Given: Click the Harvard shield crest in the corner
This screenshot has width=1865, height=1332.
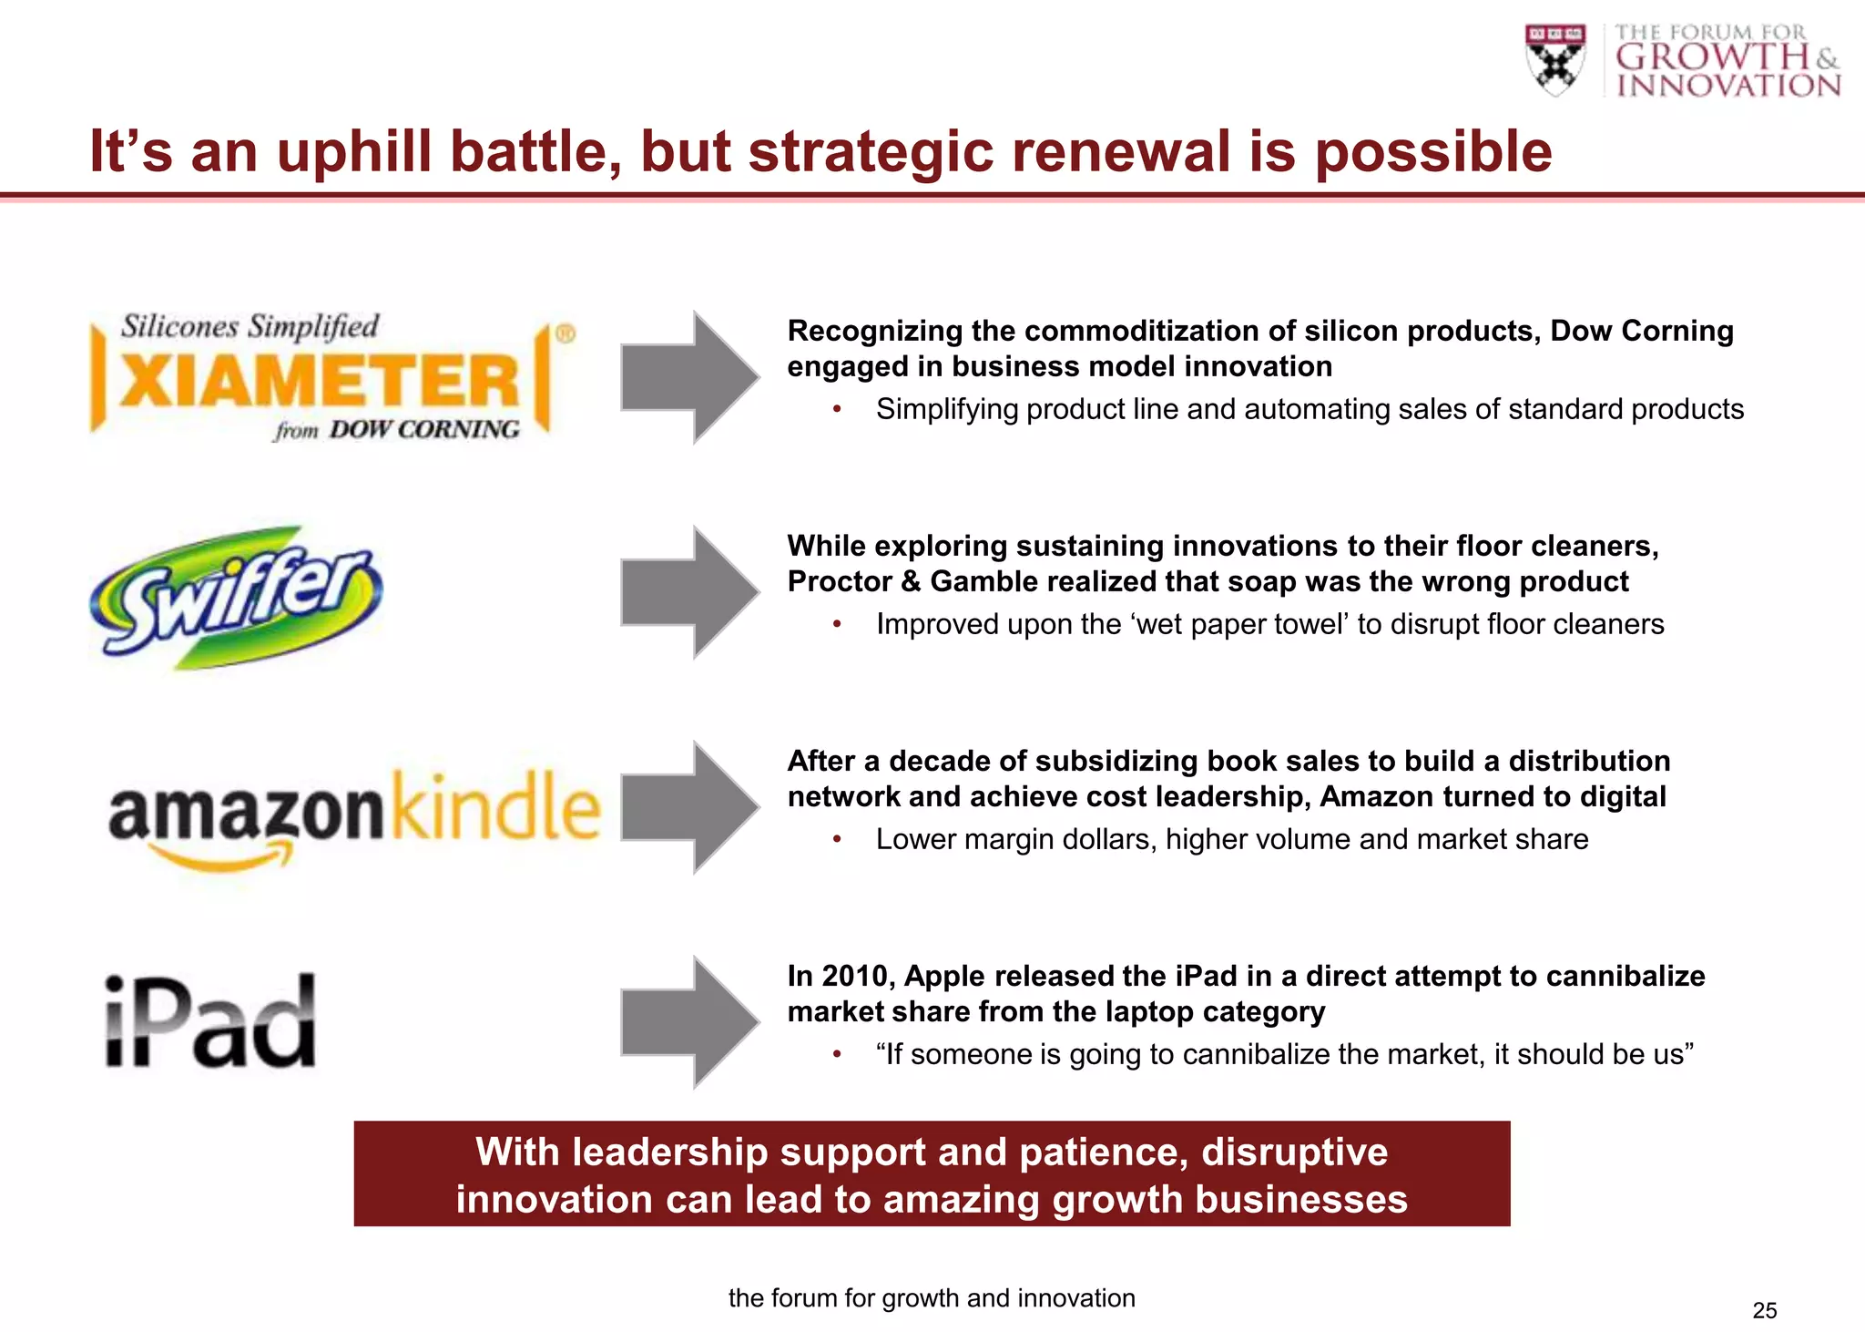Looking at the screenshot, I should click(1555, 59).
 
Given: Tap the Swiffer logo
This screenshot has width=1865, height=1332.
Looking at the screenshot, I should click(237, 597).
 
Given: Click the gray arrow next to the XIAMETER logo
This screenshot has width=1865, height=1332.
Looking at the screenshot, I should click(689, 377).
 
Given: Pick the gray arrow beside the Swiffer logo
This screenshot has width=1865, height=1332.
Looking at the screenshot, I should click(689, 592).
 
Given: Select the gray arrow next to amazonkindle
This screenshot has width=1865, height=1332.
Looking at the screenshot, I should click(689, 807).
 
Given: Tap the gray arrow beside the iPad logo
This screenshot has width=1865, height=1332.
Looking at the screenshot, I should click(689, 1022).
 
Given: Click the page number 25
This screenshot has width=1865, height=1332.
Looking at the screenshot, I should click(1764, 1310).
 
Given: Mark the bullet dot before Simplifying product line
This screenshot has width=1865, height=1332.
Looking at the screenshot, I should click(837, 410).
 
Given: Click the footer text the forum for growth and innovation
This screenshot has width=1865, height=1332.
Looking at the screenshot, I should click(932, 1298).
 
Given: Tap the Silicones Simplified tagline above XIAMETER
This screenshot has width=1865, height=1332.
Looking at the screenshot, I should click(250, 326).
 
